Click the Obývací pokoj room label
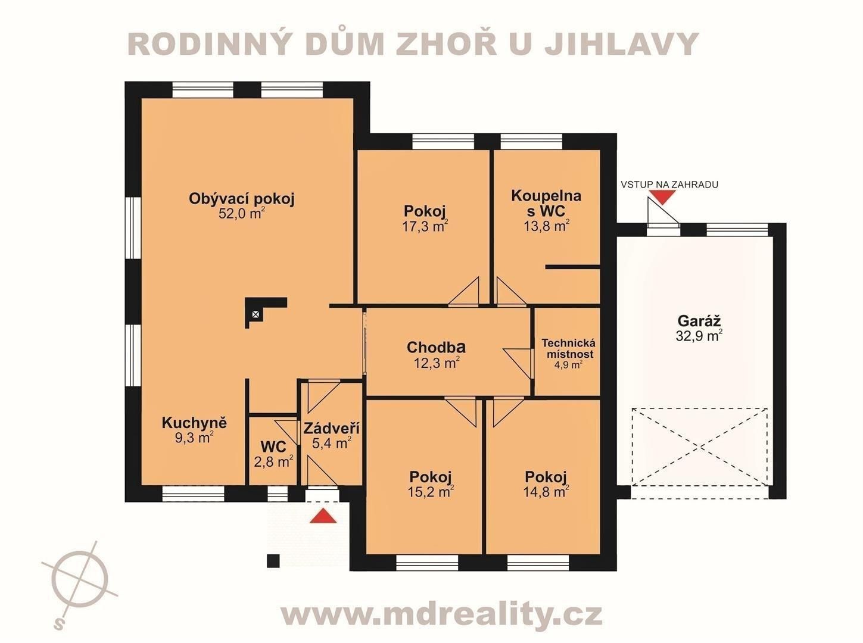tap(241, 199)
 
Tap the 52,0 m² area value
tap(241, 214)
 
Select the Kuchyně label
tap(194, 423)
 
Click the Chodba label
tap(436, 347)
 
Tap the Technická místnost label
tap(568, 348)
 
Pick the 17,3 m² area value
tap(425, 226)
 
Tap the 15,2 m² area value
tap(430, 492)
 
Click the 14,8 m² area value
tap(545, 492)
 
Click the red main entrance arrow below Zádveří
tap(323, 516)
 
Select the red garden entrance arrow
tap(662, 197)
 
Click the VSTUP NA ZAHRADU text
tap(669, 185)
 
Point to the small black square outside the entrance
tap(273, 560)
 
